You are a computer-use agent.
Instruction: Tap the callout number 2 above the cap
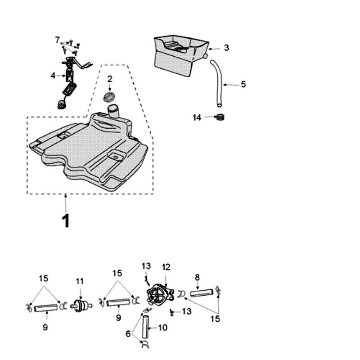click(109, 79)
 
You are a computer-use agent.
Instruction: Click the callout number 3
click(226, 47)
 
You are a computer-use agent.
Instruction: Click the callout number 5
click(243, 84)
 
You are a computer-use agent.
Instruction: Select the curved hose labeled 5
click(218, 83)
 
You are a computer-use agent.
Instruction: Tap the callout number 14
click(197, 117)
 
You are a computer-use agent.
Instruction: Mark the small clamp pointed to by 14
click(220, 118)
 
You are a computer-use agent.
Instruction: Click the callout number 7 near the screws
click(57, 40)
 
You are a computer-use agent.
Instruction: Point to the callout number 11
click(80, 282)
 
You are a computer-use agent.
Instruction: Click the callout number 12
click(166, 267)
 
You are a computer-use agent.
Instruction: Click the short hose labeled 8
click(200, 293)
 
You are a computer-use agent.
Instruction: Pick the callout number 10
click(162, 328)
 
